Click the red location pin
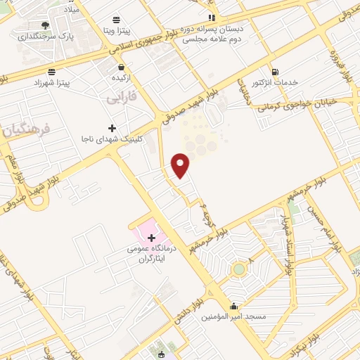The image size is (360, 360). point(181,165)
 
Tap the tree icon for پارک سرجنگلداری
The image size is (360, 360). point(46,25)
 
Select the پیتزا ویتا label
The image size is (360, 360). point(113,31)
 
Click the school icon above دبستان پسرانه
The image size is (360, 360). point(210,18)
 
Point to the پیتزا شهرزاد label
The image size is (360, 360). point(51,83)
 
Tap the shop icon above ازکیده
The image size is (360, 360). point(120,67)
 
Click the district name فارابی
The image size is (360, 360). point(121,98)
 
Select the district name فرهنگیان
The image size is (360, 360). point(26,130)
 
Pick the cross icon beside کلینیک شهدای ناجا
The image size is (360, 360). point(112,128)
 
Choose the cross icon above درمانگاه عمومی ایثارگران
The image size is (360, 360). point(151,238)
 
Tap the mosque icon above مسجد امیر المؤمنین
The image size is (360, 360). point(233,306)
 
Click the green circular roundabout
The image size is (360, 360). point(239,269)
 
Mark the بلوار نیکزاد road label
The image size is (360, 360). point(297,341)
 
